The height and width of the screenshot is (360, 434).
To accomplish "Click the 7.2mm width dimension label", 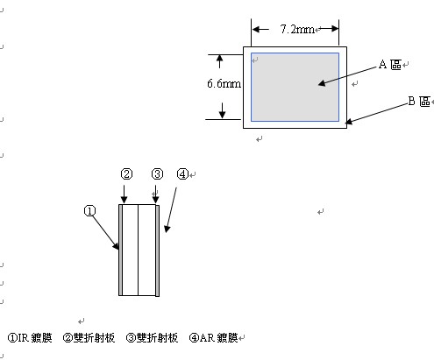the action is (x=297, y=29).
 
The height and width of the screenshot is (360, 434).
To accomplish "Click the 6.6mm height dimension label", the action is (x=224, y=84).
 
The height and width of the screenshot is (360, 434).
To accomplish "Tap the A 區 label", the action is (x=390, y=65).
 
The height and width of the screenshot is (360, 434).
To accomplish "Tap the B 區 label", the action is (x=419, y=102).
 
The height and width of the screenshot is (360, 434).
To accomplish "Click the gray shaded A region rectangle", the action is (x=295, y=87).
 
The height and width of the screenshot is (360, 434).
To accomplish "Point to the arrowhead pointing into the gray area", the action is (x=322, y=83).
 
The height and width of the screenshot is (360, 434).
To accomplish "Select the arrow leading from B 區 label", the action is (x=377, y=113).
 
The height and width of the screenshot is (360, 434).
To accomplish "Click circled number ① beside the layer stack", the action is (x=89, y=211).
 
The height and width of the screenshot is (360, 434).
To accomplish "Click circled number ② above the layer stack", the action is (x=126, y=174).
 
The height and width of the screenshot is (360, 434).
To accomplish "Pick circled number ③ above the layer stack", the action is (x=157, y=174).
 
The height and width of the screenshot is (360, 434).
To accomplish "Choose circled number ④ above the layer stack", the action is (x=182, y=174).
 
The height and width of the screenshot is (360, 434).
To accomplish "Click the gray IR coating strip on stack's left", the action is (x=120, y=250).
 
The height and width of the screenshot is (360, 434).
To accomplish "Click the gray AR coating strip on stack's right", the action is (x=157, y=251).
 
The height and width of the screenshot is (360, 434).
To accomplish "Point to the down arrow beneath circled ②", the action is (x=125, y=194).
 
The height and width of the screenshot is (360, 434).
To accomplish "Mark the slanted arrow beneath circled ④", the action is (x=171, y=210).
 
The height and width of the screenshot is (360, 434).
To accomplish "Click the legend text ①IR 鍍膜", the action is (x=30, y=338).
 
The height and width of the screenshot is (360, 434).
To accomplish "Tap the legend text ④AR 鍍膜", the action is (x=214, y=338).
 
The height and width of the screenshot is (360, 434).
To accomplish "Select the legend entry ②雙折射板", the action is (x=89, y=338).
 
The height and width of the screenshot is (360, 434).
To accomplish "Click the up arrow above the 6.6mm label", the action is (x=219, y=61).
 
